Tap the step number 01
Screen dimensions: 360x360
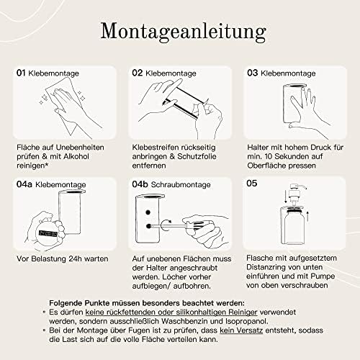[x=22, y=73]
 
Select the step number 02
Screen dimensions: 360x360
[x=138, y=73]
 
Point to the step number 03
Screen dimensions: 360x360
[x=253, y=73]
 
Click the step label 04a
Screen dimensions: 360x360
[x=24, y=184]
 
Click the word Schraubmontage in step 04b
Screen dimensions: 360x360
[x=179, y=184]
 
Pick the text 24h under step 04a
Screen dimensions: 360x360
[x=71, y=258]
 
